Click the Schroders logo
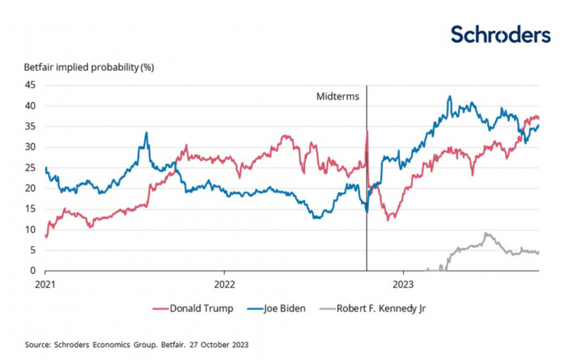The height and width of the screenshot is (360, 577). (500, 35)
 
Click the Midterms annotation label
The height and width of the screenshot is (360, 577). (338, 96)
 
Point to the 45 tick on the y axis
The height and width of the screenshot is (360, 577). (30, 86)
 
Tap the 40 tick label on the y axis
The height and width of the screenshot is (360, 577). (30, 106)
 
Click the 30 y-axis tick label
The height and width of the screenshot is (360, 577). (30, 147)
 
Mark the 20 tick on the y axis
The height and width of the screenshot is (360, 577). (30, 188)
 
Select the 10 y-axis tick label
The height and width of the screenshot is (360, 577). (30, 229)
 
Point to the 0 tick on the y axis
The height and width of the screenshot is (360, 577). (32, 271)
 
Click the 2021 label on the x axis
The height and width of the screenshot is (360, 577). (46, 285)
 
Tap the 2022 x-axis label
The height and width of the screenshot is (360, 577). (224, 285)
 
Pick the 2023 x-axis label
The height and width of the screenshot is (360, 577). (403, 285)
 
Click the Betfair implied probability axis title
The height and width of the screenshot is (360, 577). (89, 67)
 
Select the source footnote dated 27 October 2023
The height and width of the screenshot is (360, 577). (137, 344)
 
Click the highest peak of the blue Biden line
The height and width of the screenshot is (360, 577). (450, 96)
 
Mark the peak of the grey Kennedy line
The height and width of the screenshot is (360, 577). (486, 234)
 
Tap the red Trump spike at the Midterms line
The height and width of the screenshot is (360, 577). (367, 131)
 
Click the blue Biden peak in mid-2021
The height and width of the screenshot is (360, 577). (147, 133)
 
